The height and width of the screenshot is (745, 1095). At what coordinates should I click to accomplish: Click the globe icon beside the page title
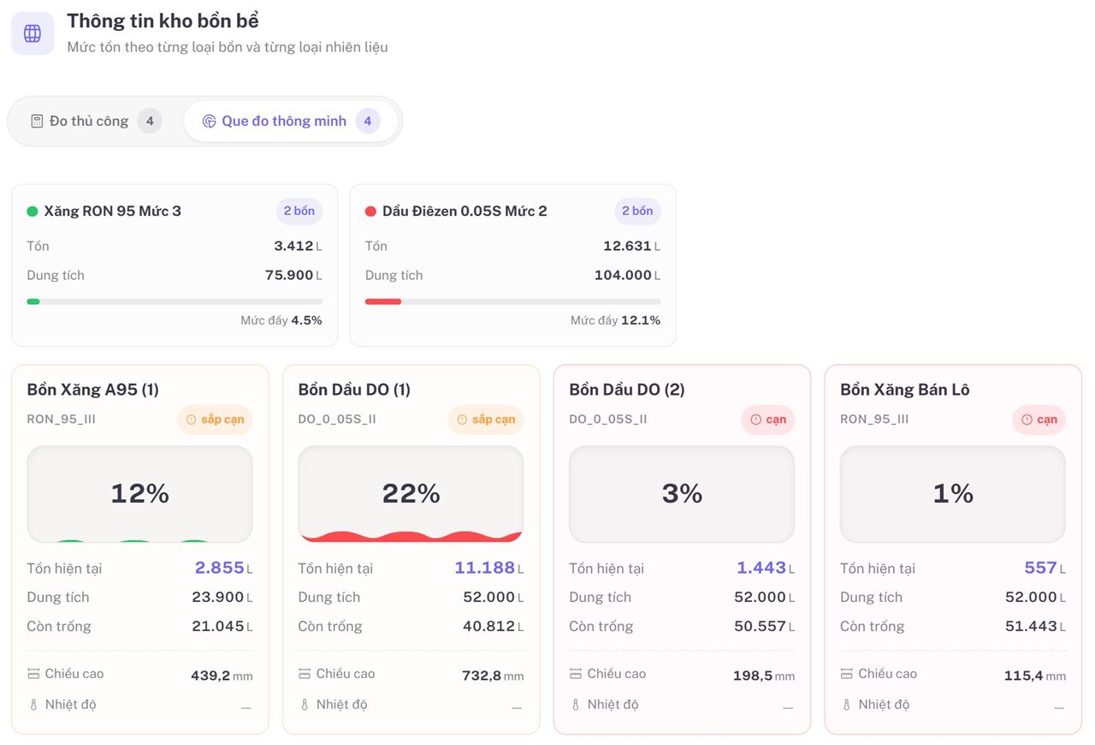pyautogui.click(x=33, y=33)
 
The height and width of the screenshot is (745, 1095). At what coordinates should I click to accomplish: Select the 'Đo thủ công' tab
pyautogui.click(x=88, y=121)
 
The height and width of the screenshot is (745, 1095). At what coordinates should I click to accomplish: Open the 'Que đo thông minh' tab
pyautogui.click(x=283, y=121)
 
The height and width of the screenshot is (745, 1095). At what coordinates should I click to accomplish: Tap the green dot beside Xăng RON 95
pyautogui.click(x=33, y=212)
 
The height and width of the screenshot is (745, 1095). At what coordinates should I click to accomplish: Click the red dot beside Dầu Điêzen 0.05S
pyautogui.click(x=370, y=212)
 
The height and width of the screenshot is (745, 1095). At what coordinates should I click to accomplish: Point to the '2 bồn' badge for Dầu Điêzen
pyautogui.click(x=637, y=211)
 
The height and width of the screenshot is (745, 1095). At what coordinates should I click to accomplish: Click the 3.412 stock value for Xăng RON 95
pyautogui.click(x=293, y=246)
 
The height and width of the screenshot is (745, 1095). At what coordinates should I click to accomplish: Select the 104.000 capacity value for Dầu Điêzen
pyautogui.click(x=623, y=275)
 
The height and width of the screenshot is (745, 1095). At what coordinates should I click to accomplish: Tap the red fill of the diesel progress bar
pyautogui.click(x=383, y=301)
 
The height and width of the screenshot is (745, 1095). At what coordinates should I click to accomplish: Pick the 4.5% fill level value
pyautogui.click(x=306, y=320)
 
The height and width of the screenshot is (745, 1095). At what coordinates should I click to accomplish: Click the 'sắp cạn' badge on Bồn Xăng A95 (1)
pyautogui.click(x=215, y=420)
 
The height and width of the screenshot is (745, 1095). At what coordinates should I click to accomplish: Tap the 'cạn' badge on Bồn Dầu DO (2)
pyautogui.click(x=768, y=420)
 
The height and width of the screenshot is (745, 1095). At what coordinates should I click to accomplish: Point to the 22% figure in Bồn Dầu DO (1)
pyautogui.click(x=411, y=493)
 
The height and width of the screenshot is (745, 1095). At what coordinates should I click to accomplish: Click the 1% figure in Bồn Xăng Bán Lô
pyautogui.click(x=953, y=493)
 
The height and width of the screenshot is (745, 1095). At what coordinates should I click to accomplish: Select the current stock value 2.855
pyautogui.click(x=220, y=568)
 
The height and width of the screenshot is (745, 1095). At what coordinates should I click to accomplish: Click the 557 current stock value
pyautogui.click(x=1041, y=568)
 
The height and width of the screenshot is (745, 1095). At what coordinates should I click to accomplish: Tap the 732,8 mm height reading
pyautogui.click(x=493, y=676)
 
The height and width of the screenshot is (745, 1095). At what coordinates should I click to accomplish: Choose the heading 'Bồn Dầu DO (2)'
pyautogui.click(x=627, y=390)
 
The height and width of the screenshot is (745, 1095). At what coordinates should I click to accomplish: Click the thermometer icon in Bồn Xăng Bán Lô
pyautogui.click(x=847, y=705)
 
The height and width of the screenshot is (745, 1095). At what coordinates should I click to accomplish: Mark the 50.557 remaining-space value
pyautogui.click(x=760, y=626)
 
